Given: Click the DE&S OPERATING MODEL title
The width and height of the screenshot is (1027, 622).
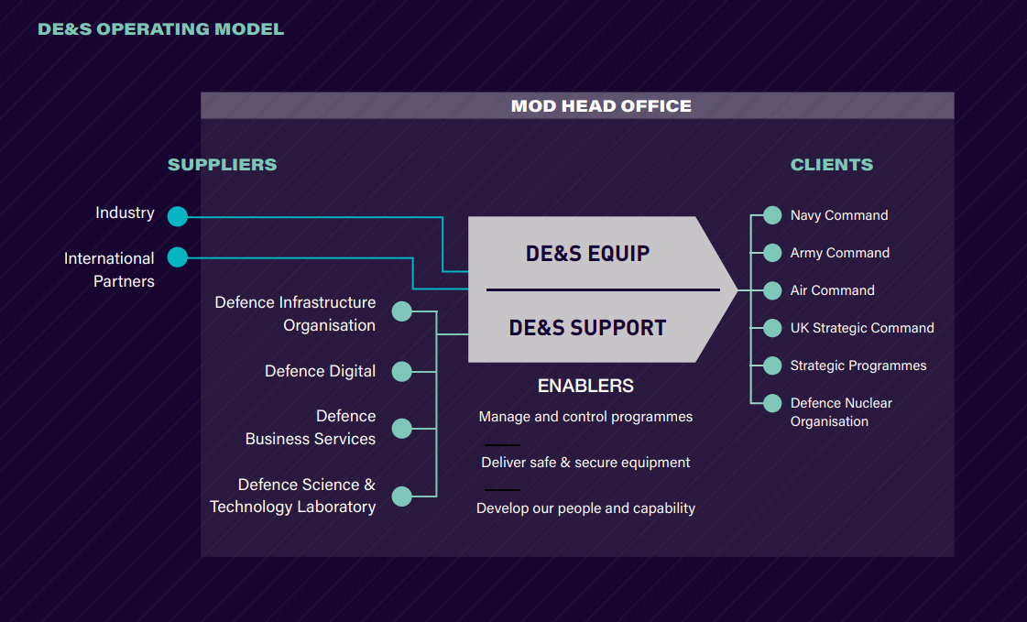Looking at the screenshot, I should coord(160,29).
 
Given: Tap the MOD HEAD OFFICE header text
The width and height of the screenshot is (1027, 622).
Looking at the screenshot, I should coord(601,105).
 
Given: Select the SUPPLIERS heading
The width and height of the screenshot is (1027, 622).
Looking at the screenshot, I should coord(222,165).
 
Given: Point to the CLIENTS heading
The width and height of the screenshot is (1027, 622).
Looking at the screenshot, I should coord(832,165).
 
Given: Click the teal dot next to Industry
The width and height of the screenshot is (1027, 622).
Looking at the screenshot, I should coord(178,216).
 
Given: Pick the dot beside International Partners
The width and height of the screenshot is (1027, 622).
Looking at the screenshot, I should coord(178,257).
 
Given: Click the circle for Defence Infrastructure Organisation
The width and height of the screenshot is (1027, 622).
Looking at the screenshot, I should coord(402,311).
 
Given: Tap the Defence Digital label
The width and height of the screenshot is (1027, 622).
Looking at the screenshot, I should coord(320,371).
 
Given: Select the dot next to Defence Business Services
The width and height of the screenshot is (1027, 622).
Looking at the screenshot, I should coord(402,428).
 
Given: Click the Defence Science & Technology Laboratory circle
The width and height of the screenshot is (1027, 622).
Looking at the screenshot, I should coord(402,497).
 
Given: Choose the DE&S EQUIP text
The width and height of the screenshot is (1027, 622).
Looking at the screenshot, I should coord(587,254).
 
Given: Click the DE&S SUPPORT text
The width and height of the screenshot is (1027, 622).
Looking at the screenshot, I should coord(587,327).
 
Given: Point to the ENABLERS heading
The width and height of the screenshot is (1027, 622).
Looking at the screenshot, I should coord(585,386).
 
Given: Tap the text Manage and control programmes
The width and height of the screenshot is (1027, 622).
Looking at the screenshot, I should coord(585,417).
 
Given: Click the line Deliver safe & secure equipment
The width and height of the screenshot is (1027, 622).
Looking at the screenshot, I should coord(585,463).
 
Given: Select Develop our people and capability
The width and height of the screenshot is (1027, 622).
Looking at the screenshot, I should coord(585,507).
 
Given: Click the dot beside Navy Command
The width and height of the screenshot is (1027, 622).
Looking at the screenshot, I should coord(772,215).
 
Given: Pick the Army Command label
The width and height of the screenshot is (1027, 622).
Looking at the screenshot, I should coord(839,253).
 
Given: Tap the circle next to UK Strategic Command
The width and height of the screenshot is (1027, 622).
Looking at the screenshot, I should coord(772,328).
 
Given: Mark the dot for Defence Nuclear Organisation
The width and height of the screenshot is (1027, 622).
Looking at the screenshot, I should coord(772,403).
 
